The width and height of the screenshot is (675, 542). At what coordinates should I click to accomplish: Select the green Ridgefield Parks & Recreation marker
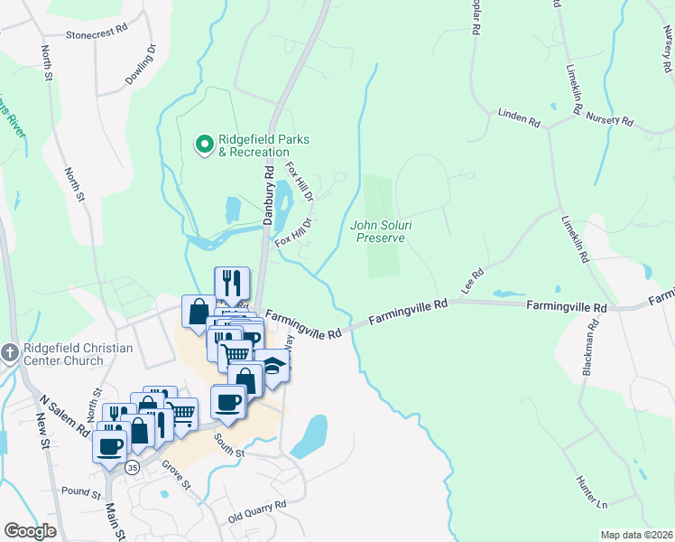pyautogui.click(x=204, y=143)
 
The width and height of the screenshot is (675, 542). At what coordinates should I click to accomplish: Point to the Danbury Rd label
pyautogui.click(x=268, y=195)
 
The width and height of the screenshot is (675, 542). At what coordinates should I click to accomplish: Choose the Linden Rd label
pyautogui.click(x=519, y=117)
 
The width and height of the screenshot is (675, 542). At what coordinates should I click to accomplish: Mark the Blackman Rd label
pyautogui.click(x=591, y=347)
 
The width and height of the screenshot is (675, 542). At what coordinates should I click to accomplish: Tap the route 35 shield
pyautogui.click(x=133, y=467)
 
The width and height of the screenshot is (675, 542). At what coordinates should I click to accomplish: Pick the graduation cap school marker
pyautogui.click(x=272, y=366)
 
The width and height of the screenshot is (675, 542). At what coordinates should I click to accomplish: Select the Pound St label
pyautogui.click(x=82, y=494)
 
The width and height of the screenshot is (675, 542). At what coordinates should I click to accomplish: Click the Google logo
pyautogui.click(x=30, y=530)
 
